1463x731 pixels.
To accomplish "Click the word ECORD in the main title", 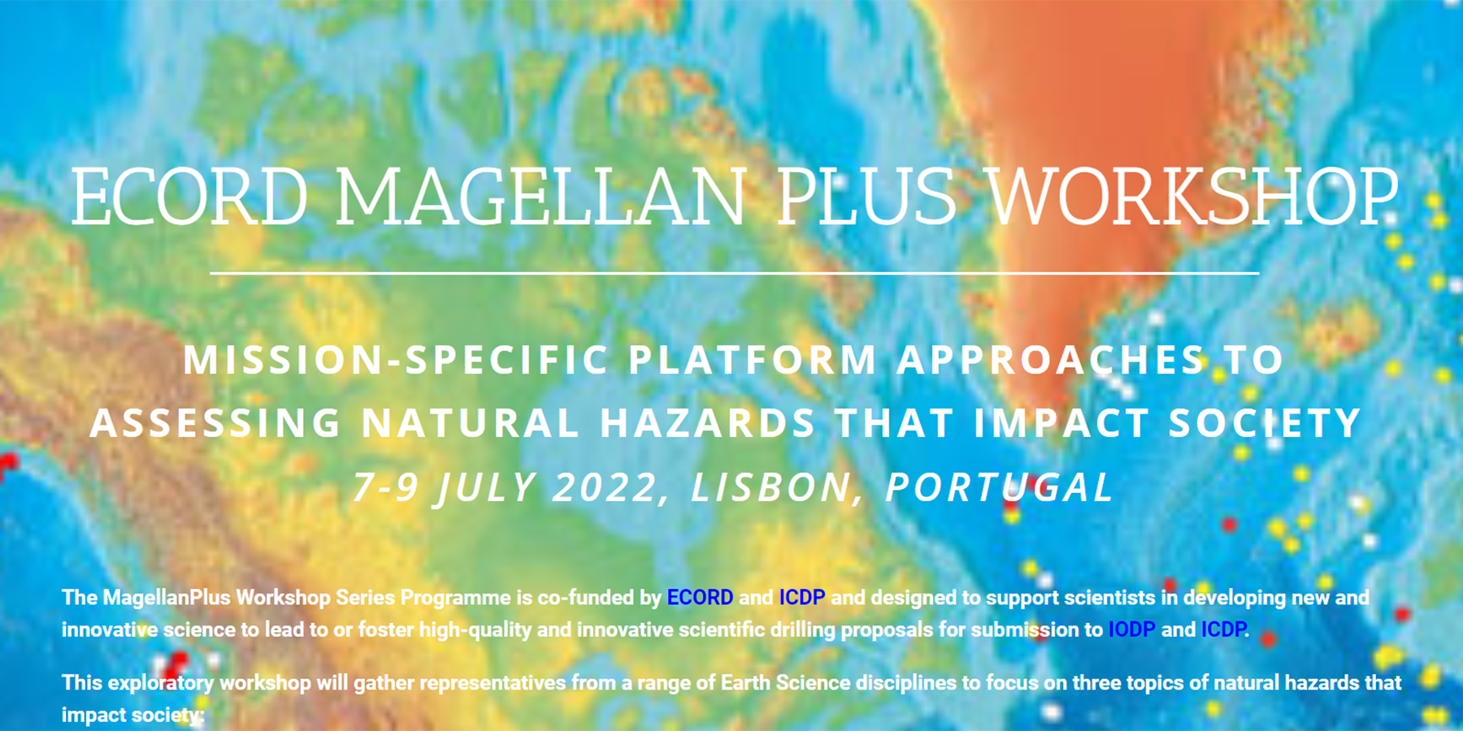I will coord(189,197).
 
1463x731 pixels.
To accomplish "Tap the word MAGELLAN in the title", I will coord(540,197).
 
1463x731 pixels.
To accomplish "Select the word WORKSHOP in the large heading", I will coord(1192,197).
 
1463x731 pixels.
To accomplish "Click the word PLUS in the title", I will coord(866,197).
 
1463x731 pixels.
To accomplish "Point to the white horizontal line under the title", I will coord(734,274).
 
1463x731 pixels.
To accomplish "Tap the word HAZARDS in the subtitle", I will coord(708,423).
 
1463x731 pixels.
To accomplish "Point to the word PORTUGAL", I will coord(1000,487).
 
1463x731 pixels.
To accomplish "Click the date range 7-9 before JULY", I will coord(386,487).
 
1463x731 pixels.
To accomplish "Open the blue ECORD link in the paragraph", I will coord(700,598).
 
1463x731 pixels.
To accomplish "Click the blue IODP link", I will coord(1131,629).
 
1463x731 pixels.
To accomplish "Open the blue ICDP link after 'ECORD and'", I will coord(802,598).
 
